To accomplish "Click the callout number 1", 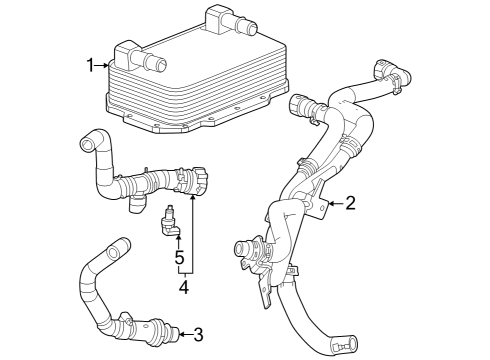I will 90,66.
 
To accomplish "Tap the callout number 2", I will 350,204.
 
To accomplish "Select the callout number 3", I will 198,333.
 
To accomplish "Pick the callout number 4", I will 184,286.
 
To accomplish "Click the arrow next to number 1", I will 104,66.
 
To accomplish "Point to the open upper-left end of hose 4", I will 88,142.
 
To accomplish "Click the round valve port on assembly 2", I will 242,247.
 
